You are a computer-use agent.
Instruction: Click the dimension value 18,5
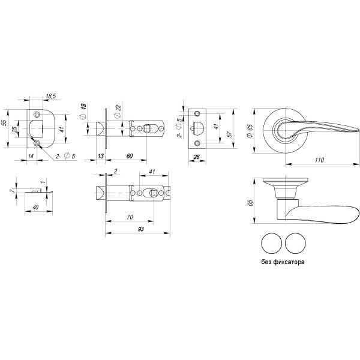pos(50,95)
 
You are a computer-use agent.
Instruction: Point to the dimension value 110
pos(319,160)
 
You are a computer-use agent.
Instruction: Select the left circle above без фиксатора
pos(271,244)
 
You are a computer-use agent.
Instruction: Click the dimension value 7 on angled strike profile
pos(11,191)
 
